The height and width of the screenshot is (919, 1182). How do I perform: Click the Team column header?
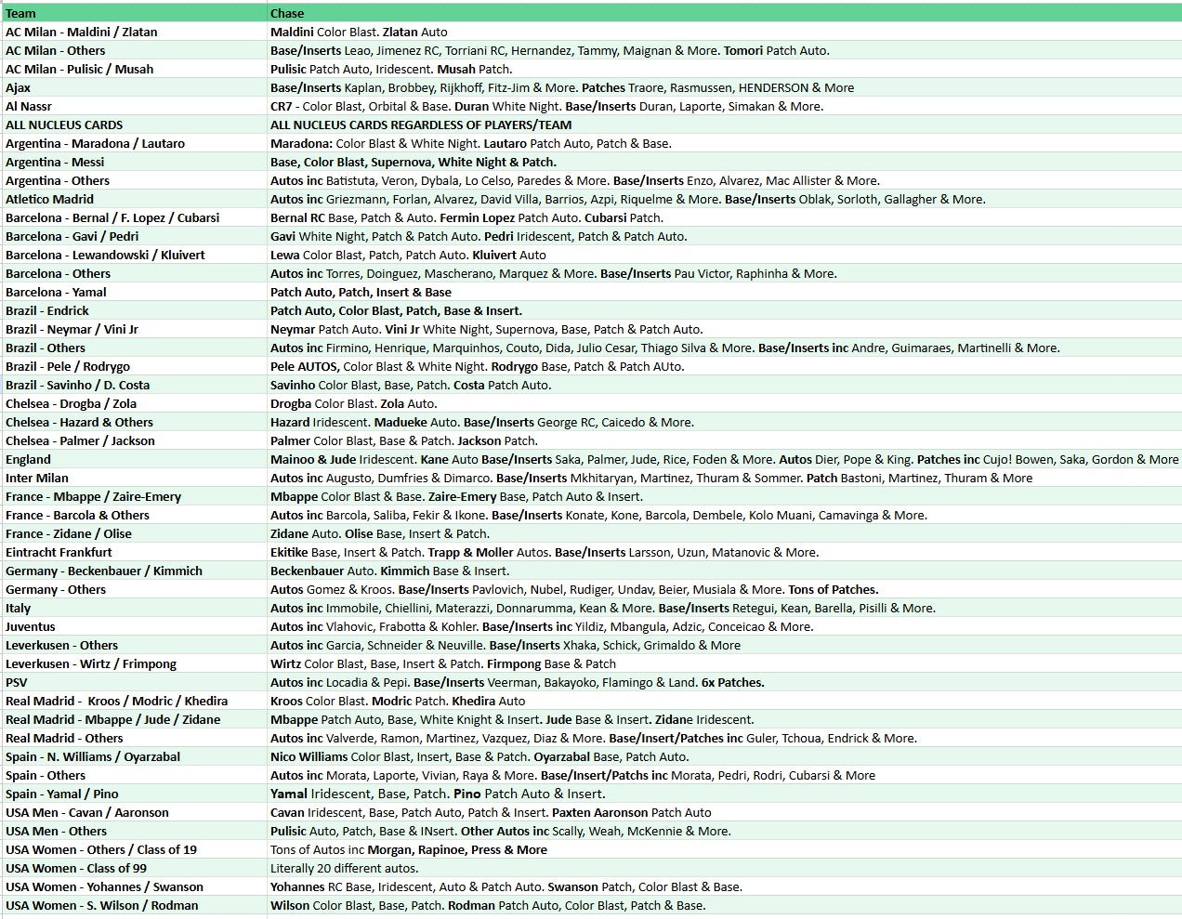(21, 13)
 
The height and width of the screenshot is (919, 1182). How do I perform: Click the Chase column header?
(287, 13)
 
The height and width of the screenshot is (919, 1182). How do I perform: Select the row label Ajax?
(19, 87)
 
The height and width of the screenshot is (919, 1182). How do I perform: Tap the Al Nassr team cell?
(29, 106)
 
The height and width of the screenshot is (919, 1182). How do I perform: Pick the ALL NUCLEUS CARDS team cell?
(64, 125)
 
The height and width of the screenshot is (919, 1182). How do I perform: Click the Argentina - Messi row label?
(55, 162)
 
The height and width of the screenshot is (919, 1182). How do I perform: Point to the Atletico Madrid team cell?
(49, 199)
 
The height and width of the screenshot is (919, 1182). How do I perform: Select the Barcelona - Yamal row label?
(56, 292)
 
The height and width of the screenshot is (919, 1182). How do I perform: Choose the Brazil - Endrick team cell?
(47, 310)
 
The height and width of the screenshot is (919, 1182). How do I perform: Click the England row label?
(29, 459)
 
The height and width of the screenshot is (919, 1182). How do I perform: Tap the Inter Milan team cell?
(37, 478)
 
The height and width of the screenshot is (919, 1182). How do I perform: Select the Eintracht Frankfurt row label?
(59, 552)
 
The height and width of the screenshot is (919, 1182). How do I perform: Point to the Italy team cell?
(19, 608)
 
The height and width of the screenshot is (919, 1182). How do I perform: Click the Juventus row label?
(31, 626)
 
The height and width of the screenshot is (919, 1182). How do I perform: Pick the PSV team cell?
(17, 682)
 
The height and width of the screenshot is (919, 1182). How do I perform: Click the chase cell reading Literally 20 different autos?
(344, 868)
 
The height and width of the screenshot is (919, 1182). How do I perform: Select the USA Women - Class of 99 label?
(76, 868)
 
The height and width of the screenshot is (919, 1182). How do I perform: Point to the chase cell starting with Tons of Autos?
(408, 849)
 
